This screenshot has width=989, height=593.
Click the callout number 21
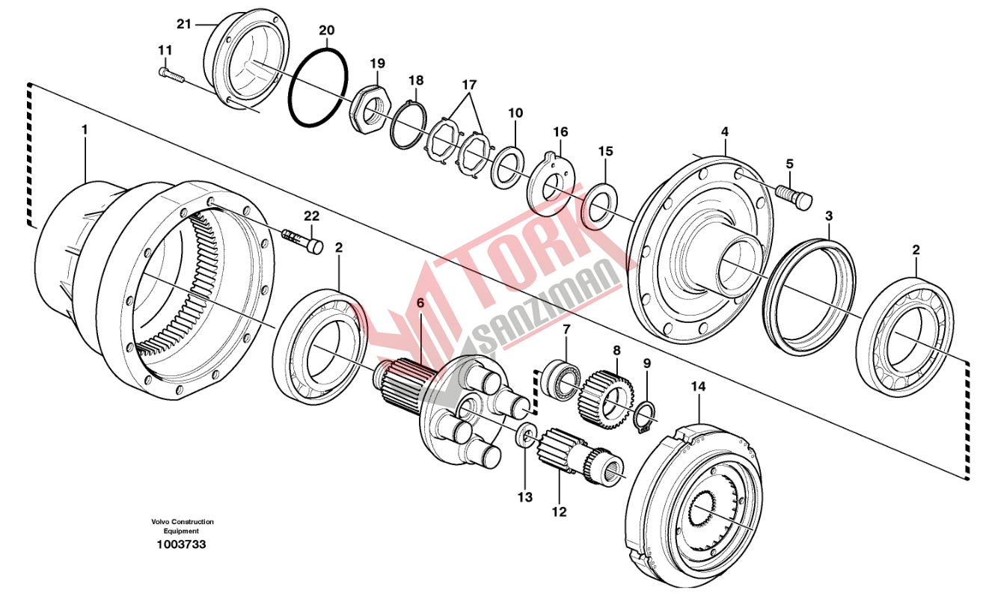click(x=184, y=24)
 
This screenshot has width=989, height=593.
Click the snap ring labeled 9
click(x=646, y=417)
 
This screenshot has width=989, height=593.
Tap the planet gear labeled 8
click(x=605, y=393)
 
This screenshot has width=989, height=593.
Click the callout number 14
click(x=698, y=387)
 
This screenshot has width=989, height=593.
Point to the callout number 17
click(x=468, y=84)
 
